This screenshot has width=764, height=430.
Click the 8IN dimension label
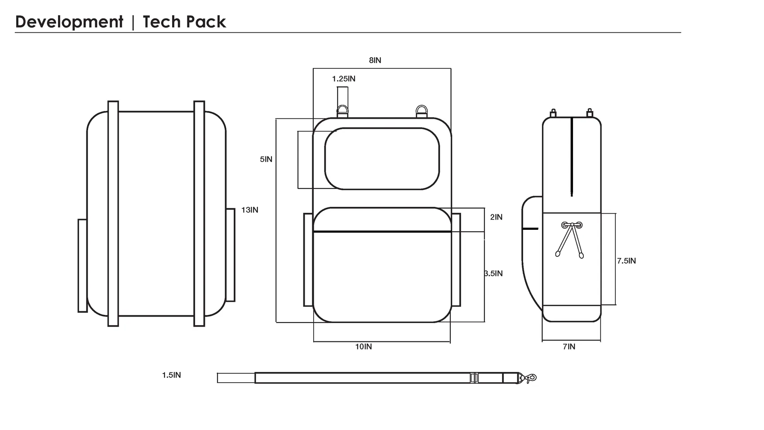tap(375, 60)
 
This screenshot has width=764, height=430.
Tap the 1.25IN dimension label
tap(343, 79)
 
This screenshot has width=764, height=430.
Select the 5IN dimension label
tap(266, 159)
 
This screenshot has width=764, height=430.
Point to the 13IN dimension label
tap(250, 210)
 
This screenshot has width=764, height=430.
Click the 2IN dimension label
tap(496, 217)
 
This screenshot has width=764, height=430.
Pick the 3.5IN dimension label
tap(493, 273)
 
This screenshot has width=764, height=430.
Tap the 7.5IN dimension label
tap(626, 261)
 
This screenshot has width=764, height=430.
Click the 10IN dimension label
tap(364, 347)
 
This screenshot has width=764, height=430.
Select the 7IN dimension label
tap(569, 347)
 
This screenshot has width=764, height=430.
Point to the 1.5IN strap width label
tap(171, 375)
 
